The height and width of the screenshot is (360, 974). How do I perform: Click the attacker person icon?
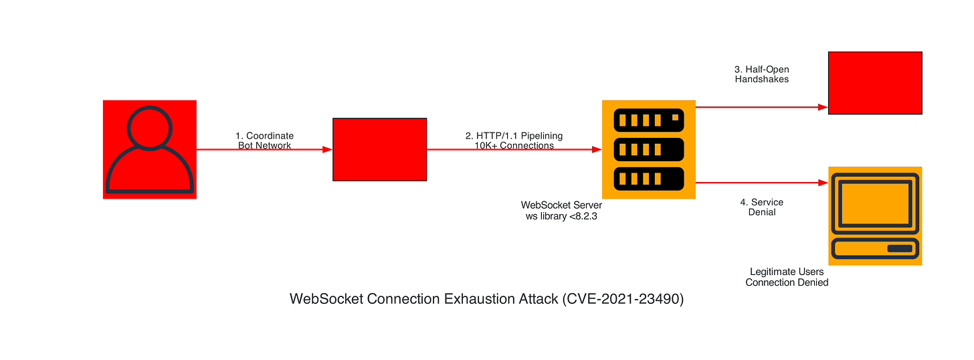pyautogui.click(x=149, y=149)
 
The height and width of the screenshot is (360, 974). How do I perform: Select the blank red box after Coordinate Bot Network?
pyautogui.click(x=379, y=149)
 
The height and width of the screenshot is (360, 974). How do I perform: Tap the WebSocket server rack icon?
pyautogui.click(x=649, y=149)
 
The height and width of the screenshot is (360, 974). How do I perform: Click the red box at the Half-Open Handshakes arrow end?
pyautogui.click(x=875, y=82)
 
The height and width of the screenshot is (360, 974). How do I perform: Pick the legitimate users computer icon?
pyautogui.click(x=875, y=215)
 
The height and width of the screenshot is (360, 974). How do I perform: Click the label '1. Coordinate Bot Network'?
pyautogui.click(x=265, y=141)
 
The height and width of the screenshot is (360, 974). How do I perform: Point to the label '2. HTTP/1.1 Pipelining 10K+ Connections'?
pyautogui.click(x=514, y=141)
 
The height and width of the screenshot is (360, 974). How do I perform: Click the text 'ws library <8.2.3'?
pyautogui.click(x=561, y=215)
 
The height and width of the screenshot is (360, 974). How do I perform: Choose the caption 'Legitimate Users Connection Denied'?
pyautogui.click(x=787, y=277)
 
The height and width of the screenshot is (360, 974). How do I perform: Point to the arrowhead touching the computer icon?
pyautogui.click(x=823, y=182)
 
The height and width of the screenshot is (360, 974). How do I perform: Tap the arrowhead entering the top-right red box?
pyautogui.click(x=823, y=107)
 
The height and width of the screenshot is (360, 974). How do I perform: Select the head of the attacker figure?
pyautogui.click(x=149, y=127)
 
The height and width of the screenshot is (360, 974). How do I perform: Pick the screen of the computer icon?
pyautogui.click(x=875, y=203)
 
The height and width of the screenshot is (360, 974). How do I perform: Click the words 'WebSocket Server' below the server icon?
pyautogui.click(x=561, y=205)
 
